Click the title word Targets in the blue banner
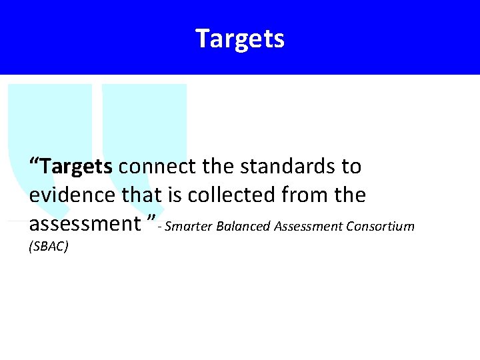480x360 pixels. click(x=240, y=38)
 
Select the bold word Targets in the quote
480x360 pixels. click(x=76, y=166)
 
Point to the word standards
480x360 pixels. click(x=289, y=166)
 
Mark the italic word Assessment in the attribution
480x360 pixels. click(x=309, y=227)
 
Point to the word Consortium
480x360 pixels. click(x=381, y=227)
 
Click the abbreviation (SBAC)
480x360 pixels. click(x=49, y=247)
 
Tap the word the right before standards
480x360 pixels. click(x=229, y=166)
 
